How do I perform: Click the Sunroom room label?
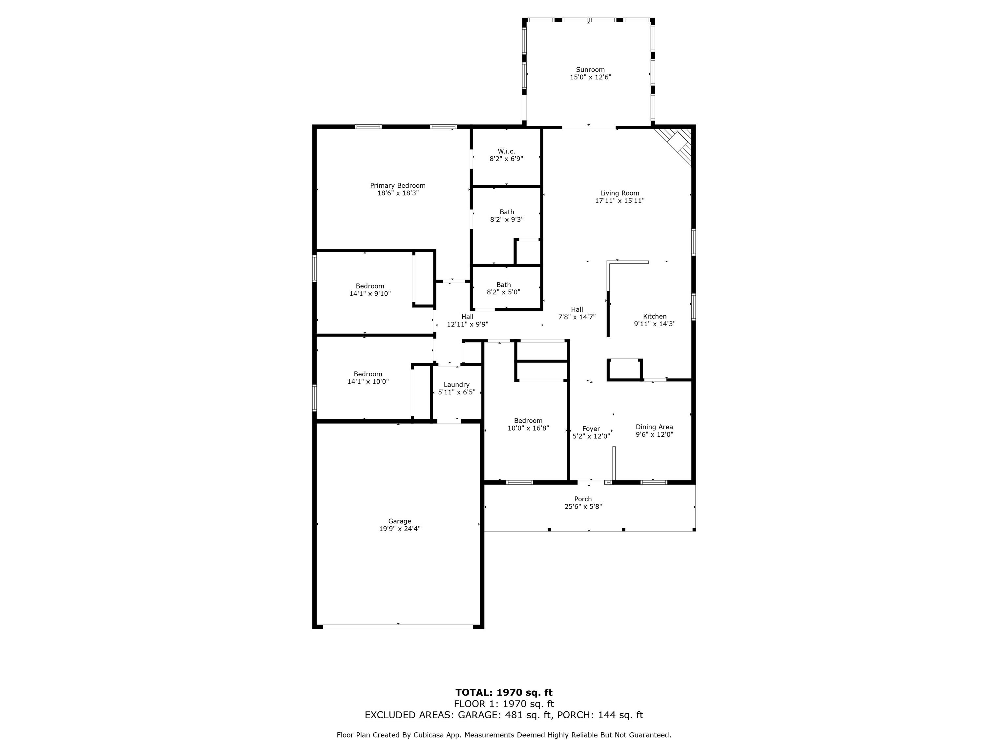coord(590,70)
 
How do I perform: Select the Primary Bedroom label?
coord(398,185)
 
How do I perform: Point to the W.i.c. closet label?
coord(506,151)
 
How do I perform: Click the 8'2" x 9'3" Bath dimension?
coord(507,220)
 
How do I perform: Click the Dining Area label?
coord(654,427)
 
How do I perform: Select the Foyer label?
coord(591,429)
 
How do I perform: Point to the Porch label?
coord(583,499)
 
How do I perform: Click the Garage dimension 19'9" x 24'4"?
coord(400,529)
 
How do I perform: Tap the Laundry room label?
coord(457,385)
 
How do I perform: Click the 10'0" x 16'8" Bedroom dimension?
coord(528,428)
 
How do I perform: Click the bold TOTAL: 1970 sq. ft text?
coord(504,693)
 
